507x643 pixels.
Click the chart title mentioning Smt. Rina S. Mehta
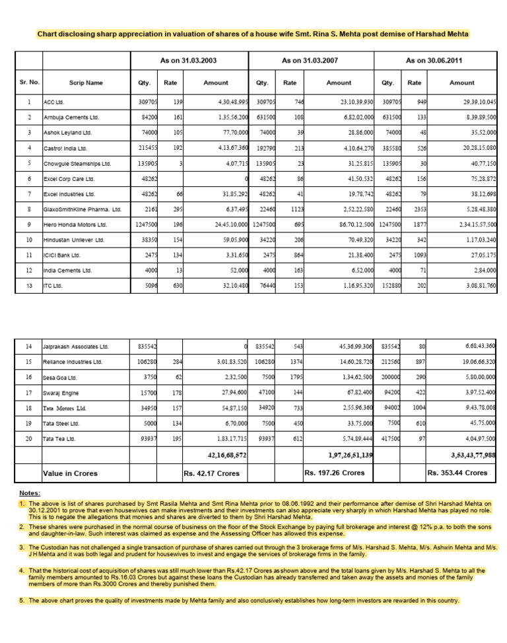pos(253,33)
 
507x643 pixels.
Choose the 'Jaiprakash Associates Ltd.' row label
pos(76,347)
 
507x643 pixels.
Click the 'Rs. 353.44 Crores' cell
pos(457,473)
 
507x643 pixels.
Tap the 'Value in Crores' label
pos(71,473)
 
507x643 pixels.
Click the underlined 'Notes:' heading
pos(30,493)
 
